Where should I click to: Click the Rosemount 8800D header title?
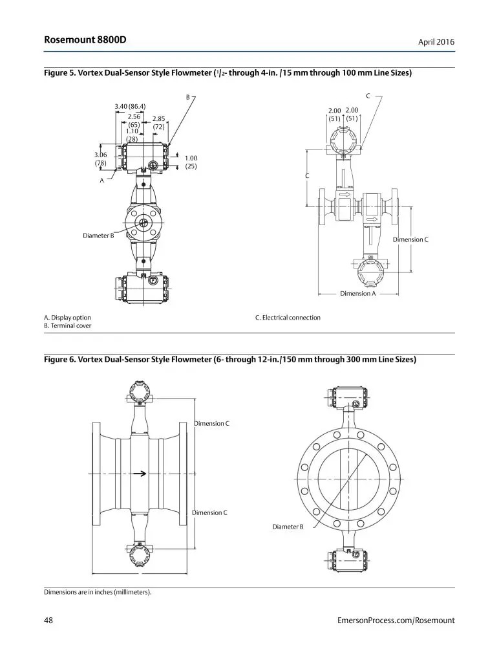click(x=85, y=40)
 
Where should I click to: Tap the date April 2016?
click(x=436, y=42)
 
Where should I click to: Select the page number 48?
click(x=48, y=620)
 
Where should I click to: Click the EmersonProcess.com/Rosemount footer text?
click(x=396, y=620)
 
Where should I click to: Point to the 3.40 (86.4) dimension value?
click(x=130, y=106)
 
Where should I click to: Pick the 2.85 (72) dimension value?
click(x=158, y=123)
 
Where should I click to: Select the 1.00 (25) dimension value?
click(x=191, y=162)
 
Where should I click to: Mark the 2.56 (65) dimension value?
click(x=134, y=120)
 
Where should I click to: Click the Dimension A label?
click(x=357, y=293)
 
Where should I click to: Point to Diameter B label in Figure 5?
click(x=98, y=236)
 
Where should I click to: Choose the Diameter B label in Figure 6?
click(x=288, y=527)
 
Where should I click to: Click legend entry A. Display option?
click(x=67, y=318)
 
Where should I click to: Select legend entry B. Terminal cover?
click(x=67, y=326)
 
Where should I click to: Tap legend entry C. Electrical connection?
click(x=288, y=318)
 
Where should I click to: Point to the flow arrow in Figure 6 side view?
click(x=140, y=473)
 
